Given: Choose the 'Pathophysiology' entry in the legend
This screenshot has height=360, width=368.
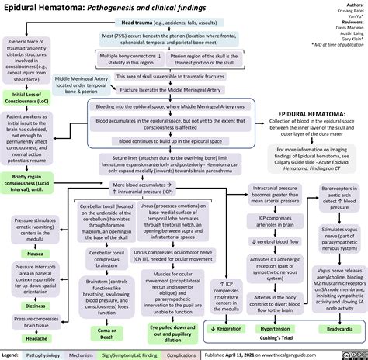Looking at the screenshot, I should click(x=46, y=354).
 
